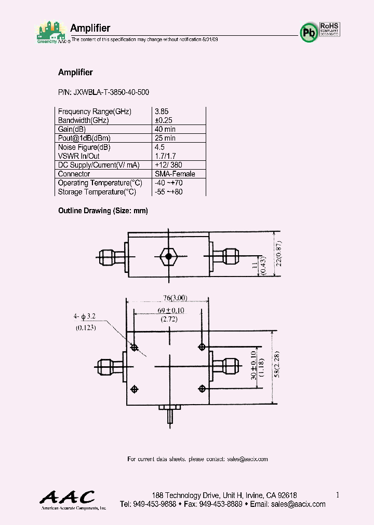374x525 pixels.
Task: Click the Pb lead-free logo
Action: tap(309, 32)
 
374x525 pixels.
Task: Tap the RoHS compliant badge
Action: tap(329, 29)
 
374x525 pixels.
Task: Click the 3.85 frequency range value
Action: tap(162, 112)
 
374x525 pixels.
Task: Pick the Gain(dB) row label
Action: tap(72, 129)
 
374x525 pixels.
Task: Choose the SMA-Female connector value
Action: tap(175, 174)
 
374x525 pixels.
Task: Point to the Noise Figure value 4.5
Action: tap(159, 147)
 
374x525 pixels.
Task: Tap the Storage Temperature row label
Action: tap(97, 192)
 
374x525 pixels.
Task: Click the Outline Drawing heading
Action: tap(103, 211)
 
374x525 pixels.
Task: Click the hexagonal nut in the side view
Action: tap(168, 256)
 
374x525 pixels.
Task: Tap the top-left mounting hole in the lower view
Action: tap(135, 347)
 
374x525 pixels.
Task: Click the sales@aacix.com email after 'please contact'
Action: tap(247, 459)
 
